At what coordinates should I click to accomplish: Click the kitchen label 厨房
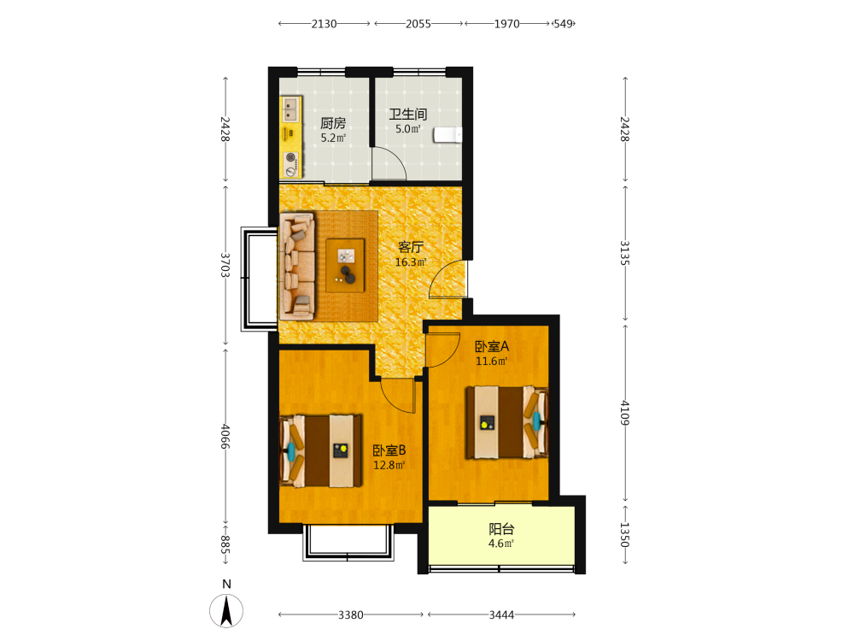pos(333,123)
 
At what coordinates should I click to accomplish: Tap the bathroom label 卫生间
pos(408,115)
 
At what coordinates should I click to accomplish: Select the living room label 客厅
pos(411,247)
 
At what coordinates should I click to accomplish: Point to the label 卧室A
pos(492,346)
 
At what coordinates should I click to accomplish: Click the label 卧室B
pos(389,450)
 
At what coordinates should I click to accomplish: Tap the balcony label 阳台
pos(501,529)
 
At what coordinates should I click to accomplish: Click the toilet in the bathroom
pos(447,135)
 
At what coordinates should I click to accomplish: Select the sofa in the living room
pos(297,266)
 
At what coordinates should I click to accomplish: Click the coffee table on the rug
pos(345,266)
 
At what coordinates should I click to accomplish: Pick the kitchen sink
pos(290,109)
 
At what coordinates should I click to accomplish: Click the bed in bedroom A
pos(506,422)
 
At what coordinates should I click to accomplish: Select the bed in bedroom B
pos(321,450)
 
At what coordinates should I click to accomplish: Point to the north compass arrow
pos(226,610)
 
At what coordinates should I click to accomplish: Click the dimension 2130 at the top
pos(324,24)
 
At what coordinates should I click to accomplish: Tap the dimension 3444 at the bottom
pos(501,615)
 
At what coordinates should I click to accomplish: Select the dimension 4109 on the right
pos(625,413)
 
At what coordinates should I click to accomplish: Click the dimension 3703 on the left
pos(225,265)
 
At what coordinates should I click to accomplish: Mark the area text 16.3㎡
pos(411,262)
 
